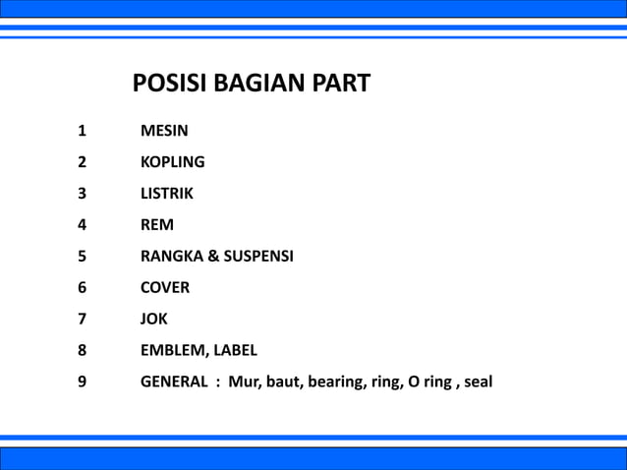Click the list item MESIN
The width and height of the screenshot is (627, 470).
coord(164,131)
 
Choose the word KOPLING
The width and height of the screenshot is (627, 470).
coord(173,162)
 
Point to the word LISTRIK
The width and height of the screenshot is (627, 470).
coord(167,194)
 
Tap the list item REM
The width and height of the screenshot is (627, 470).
coord(157,225)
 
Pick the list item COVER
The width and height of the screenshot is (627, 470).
coord(165,288)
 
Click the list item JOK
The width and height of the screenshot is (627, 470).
coord(154,320)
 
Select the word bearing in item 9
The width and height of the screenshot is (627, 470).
coord(335,382)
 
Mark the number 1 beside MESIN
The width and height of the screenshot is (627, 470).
coord(82,131)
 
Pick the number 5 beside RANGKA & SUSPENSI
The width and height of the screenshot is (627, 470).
coord(82,257)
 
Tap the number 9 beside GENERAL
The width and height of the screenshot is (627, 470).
coord(82,382)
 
